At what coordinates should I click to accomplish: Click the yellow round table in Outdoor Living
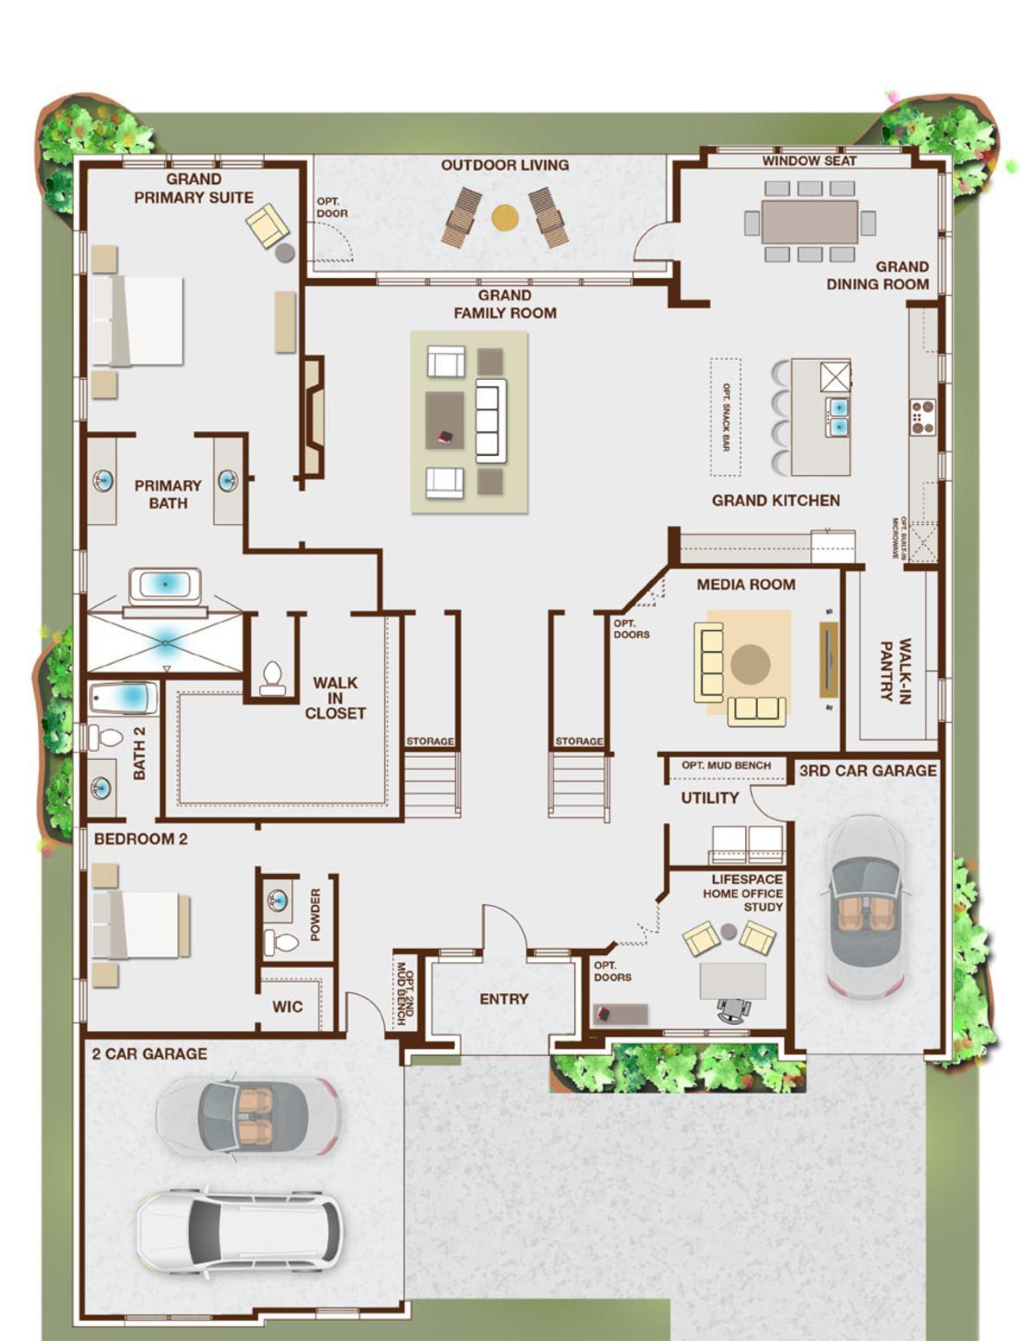(x=505, y=218)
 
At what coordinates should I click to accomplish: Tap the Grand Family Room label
(x=505, y=304)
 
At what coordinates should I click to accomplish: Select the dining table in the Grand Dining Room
(x=810, y=222)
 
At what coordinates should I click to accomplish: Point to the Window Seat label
(x=809, y=161)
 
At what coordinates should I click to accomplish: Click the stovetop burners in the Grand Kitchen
(x=924, y=418)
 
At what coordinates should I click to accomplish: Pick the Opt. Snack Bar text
(x=726, y=417)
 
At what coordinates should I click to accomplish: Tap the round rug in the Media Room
(x=750, y=664)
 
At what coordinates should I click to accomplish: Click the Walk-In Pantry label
(x=895, y=670)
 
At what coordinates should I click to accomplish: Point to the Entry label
(x=504, y=998)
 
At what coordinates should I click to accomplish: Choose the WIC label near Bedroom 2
(x=287, y=1007)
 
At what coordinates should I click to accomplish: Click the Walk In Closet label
(x=335, y=698)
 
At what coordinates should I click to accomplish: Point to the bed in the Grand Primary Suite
(x=137, y=320)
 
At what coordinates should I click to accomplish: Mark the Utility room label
(x=710, y=798)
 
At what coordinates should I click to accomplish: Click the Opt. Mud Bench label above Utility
(x=726, y=765)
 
